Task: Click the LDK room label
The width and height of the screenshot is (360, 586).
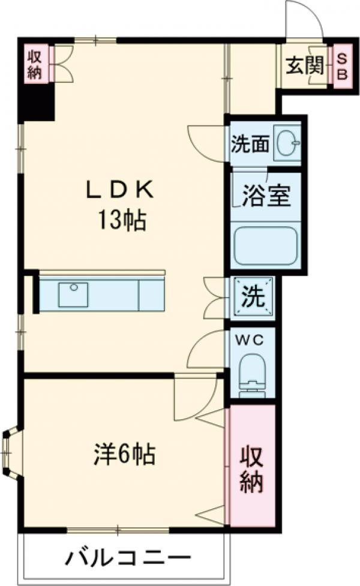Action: (x=120, y=190)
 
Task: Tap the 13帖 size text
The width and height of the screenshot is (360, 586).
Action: (x=122, y=221)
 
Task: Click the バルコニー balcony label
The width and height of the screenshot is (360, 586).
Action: (x=128, y=559)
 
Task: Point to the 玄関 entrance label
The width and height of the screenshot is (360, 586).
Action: (x=305, y=67)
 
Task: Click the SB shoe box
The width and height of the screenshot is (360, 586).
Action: (x=343, y=66)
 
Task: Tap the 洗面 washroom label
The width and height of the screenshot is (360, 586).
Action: (x=250, y=144)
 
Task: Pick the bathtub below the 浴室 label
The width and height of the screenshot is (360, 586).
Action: (x=266, y=245)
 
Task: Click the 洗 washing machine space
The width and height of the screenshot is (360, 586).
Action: (x=253, y=296)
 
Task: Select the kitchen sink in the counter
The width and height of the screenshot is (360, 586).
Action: (x=73, y=294)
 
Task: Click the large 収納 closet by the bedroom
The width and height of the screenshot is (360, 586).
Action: (x=253, y=465)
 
